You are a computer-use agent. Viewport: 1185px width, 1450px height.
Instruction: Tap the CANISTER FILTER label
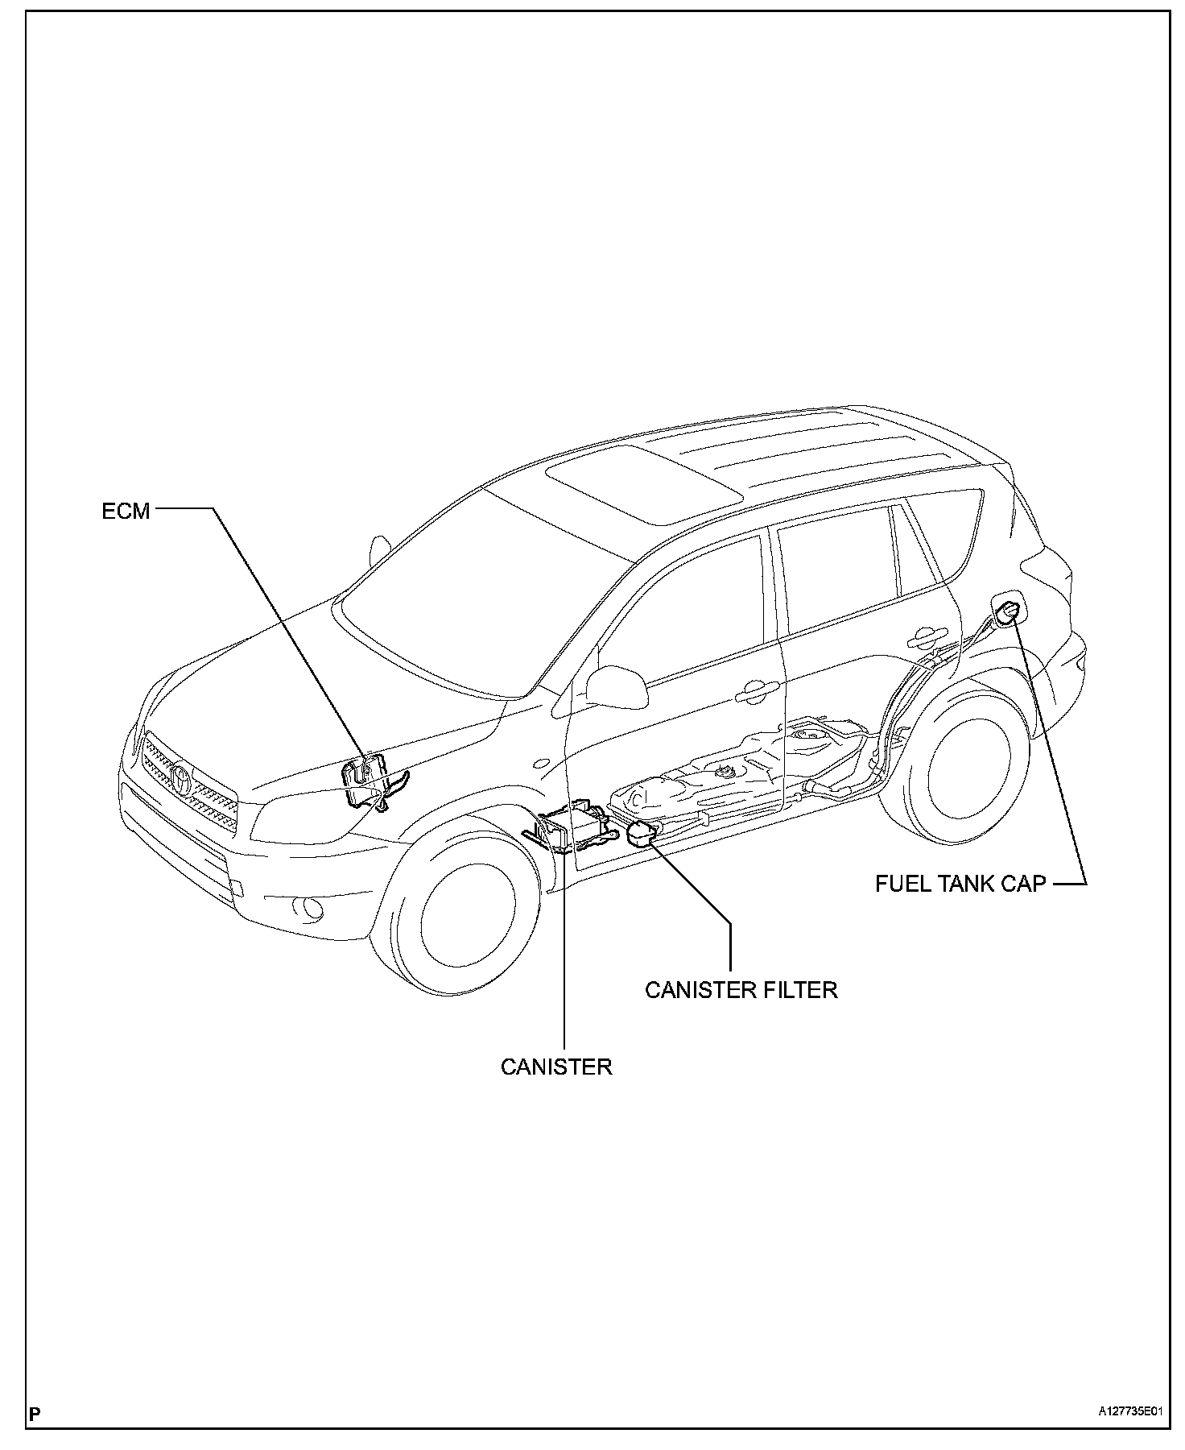click(x=741, y=989)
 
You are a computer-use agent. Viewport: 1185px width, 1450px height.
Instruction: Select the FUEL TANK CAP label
click(x=960, y=883)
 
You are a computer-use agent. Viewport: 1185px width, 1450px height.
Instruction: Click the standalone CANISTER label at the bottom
click(x=555, y=1067)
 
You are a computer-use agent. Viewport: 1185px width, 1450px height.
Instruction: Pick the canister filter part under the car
click(x=640, y=834)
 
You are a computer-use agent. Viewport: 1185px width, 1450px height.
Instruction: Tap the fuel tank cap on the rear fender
click(x=1009, y=611)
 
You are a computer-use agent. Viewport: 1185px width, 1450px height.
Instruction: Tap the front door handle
click(x=754, y=689)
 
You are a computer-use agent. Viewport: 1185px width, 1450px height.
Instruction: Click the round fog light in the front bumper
click(x=308, y=909)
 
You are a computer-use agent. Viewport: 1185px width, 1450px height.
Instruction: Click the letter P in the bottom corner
click(x=35, y=1413)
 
